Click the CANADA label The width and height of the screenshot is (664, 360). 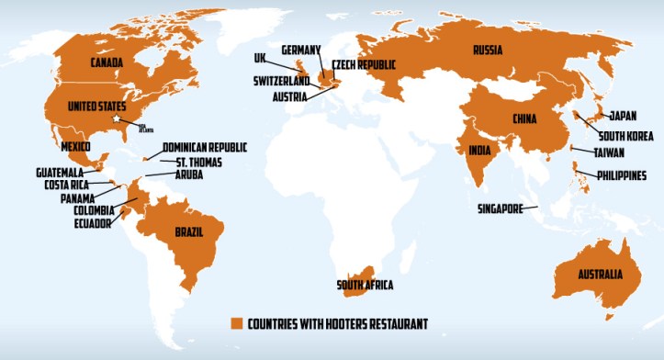108,62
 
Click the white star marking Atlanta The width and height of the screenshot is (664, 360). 115,119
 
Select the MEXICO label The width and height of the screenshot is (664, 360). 73,147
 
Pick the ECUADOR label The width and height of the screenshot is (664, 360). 93,222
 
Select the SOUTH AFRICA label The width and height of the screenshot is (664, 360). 365,285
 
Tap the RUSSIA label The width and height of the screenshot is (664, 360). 487,50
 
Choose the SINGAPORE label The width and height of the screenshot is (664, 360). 500,208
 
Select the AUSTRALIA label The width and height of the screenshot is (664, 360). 593,275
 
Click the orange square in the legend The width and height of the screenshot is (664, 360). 235,322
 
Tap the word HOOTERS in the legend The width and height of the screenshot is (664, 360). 344,322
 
